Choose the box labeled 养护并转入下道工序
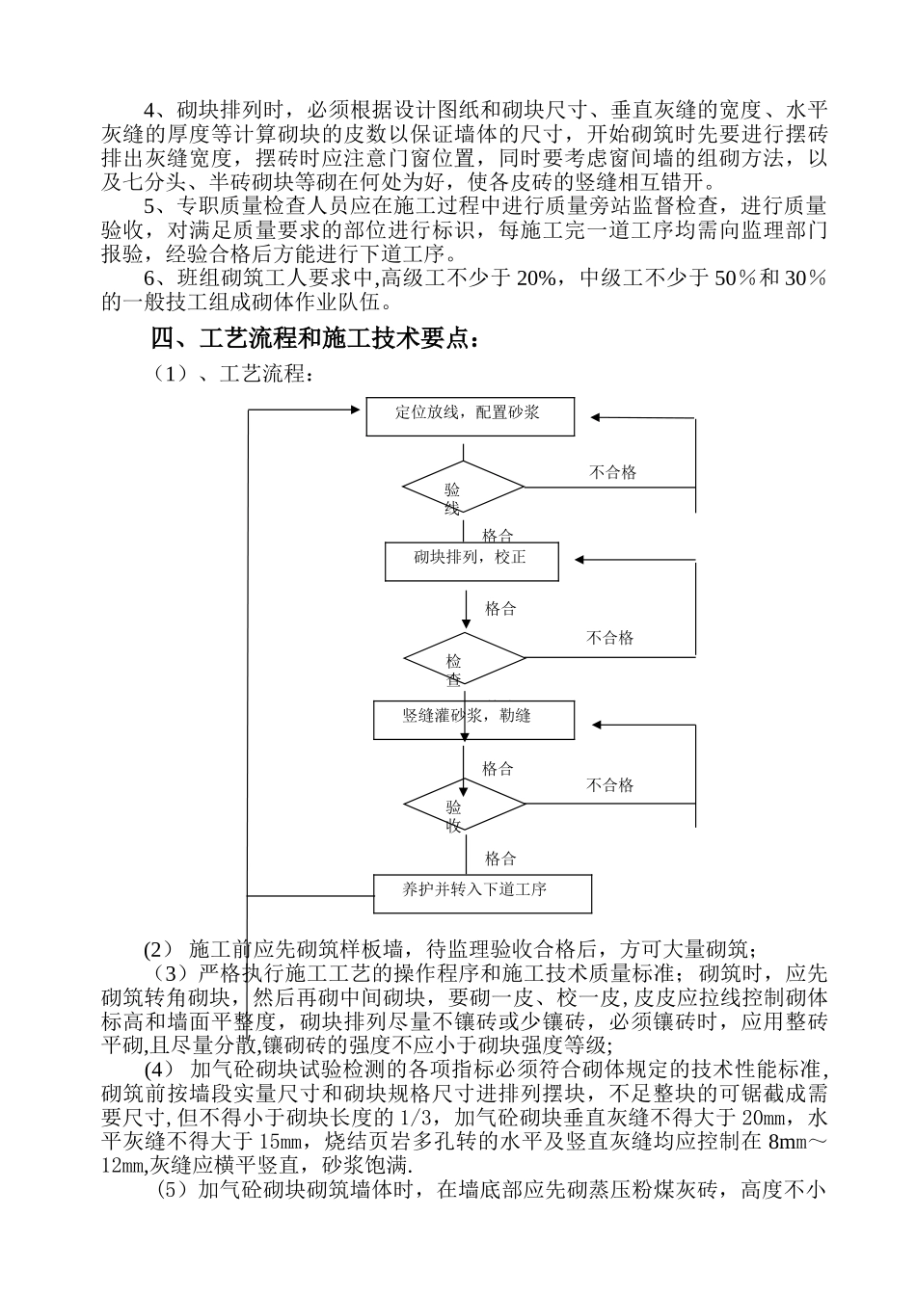pos(482,892)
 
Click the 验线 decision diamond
pos(463,489)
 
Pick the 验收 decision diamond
pos(464,805)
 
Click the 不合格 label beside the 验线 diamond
pos(613,472)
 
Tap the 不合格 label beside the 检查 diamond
pos(610,638)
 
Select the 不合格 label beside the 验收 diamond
pos(610,785)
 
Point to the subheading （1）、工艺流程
pos(230,374)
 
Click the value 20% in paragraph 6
pos(536,279)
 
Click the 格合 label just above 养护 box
pos(500,859)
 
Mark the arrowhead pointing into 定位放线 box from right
pos(596,417)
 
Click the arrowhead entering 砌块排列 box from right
pos(580,559)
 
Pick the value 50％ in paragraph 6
pos(733,279)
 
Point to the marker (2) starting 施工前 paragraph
pos(158,949)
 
